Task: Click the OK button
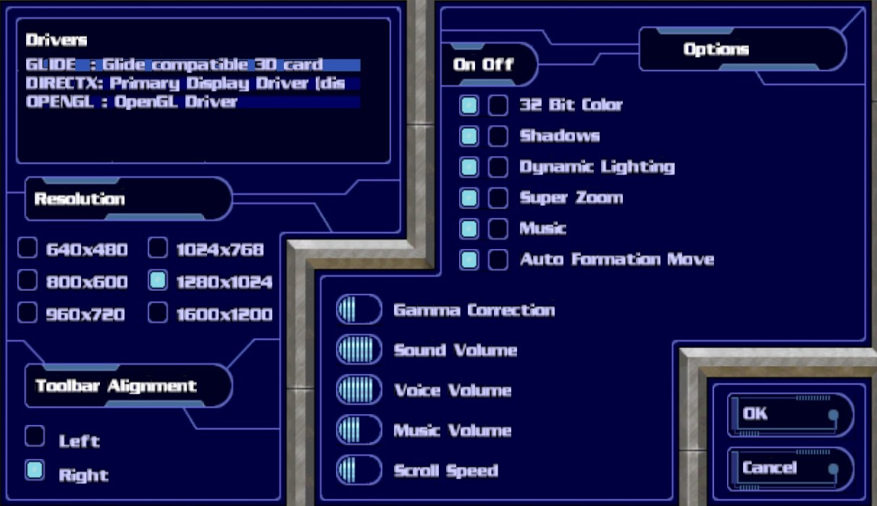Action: point(789,415)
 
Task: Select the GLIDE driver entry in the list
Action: point(192,65)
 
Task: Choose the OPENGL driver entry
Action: point(192,102)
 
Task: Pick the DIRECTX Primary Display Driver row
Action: point(192,83)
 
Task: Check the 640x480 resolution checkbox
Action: point(28,249)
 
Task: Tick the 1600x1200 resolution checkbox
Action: point(158,313)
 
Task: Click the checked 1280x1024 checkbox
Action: point(158,281)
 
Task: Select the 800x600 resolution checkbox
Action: point(28,281)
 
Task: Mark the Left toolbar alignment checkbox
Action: point(34,437)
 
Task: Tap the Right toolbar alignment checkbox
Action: point(34,471)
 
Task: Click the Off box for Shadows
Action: point(498,136)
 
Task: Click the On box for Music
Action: point(469,229)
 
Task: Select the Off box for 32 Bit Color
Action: point(498,106)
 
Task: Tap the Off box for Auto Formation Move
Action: point(498,260)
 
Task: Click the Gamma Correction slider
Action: point(358,310)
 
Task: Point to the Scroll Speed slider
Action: point(358,470)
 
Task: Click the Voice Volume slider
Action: point(358,389)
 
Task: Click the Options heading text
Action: point(716,49)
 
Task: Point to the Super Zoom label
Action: point(571,198)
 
